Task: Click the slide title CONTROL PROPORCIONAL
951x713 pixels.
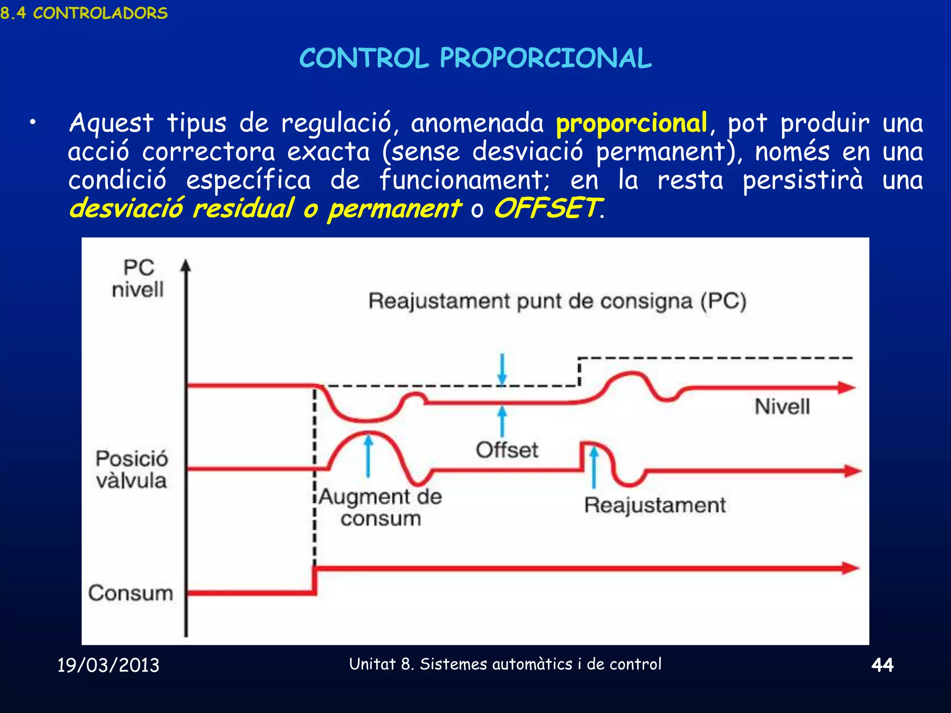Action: click(x=475, y=58)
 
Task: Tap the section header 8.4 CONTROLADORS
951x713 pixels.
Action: click(x=84, y=13)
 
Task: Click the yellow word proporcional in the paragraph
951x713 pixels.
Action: click(x=632, y=123)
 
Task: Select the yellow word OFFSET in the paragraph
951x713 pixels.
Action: click(x=547, y=208)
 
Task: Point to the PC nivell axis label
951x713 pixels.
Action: click(x=138, y=279)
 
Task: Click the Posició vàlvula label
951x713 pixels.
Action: click(x=131, y=469)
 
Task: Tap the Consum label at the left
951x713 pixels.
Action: click(x=130, y=593)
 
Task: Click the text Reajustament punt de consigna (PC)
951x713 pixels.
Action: click(x=557, y=301)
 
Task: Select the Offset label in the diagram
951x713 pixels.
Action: click(x=507, y=450)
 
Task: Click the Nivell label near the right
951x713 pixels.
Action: click(x=782, y=407)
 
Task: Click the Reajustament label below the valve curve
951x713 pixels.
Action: click(x=655, y=505)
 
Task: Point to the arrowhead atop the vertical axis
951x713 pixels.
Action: click(x=186, y=266)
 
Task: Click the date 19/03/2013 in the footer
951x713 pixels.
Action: click(x=108, y=665)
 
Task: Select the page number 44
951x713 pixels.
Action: click(x=882, y=665)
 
